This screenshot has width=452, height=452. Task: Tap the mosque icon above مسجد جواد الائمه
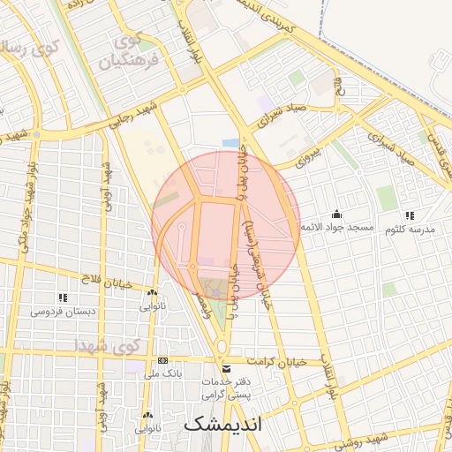pyautogui.click(x=336, y=215)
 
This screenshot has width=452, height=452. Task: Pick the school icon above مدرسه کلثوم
pyautogui.click(x=408, y=215)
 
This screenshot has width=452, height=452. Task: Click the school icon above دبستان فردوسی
pyautogui.click(x=62, y=298)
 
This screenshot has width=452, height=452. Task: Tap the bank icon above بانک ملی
pyautogui.click(x=162, y=361)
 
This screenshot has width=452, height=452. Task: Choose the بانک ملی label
pyautogui.click(x=162, y=374)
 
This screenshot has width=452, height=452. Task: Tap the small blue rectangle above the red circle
pyautogui.click(x=230, y=143)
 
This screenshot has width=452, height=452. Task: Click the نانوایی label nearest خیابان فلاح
pyautogui.click(x=152, y=306)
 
